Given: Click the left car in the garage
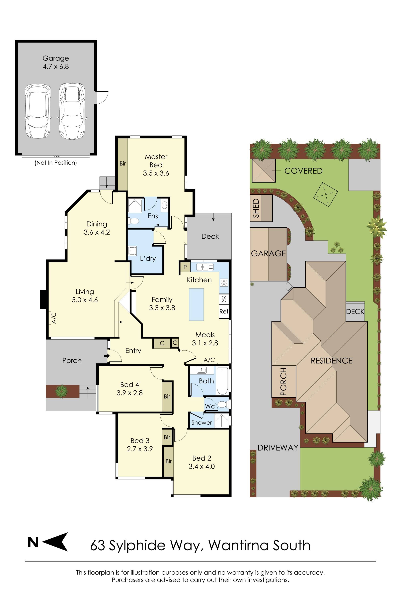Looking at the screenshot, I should click(38, 112).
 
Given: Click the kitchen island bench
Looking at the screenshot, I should click(196, 304).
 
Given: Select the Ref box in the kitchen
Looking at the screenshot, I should click(224, 312).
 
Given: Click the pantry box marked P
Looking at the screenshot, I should click(185, 267).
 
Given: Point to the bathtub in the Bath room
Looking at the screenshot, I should click(222, 381).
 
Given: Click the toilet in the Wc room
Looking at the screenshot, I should click(222, 404).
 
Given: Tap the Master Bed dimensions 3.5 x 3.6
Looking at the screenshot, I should click(156, 173).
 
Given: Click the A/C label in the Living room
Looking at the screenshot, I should click(54, 318).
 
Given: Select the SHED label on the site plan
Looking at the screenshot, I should click(256, 208).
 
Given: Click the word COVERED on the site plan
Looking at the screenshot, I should click(303, 171).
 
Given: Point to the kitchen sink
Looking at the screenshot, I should click(205, 267).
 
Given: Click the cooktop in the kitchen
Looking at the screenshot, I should click(224, 282).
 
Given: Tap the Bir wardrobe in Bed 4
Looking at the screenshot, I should click(167, 396).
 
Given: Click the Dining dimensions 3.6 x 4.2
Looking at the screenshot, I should click(97, 232).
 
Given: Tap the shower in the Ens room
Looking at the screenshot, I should click(135, 206).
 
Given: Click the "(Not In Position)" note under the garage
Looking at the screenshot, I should click(56, 163).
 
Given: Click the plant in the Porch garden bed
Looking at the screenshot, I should click(61, 391).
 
